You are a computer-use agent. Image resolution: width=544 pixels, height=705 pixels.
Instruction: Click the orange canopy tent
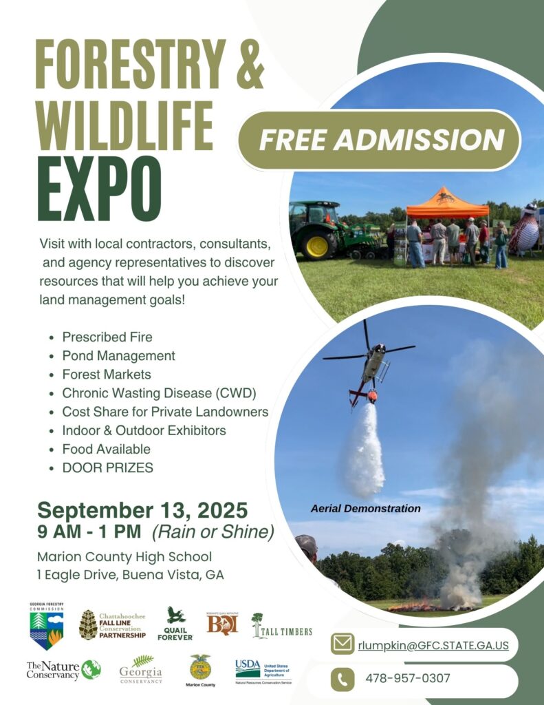tap(447, 204)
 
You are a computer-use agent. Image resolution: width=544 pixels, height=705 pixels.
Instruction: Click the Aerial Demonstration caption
tap(365, 509)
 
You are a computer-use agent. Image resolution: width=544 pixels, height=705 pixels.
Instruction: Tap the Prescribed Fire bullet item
tap(107, 337)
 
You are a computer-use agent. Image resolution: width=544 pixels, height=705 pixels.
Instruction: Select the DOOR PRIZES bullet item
tap(107, 467)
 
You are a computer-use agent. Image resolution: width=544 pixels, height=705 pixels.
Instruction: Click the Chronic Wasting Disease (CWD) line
tap(159, 393)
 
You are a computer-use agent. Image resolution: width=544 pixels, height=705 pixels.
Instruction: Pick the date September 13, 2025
tap(142, 510)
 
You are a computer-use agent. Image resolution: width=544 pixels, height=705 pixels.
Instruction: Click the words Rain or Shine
tap(213, 532)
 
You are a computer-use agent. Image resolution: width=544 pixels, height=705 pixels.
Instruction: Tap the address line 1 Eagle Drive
tap(131, 574)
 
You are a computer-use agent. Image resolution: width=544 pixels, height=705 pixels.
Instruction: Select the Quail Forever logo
tap(175, 624)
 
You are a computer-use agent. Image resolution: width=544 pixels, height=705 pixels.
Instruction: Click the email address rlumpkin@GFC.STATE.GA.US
tap(433, 646)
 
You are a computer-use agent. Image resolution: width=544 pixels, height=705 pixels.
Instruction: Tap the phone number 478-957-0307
tap(408, 678)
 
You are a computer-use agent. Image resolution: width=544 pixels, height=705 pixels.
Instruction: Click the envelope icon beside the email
tap(342, 645)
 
